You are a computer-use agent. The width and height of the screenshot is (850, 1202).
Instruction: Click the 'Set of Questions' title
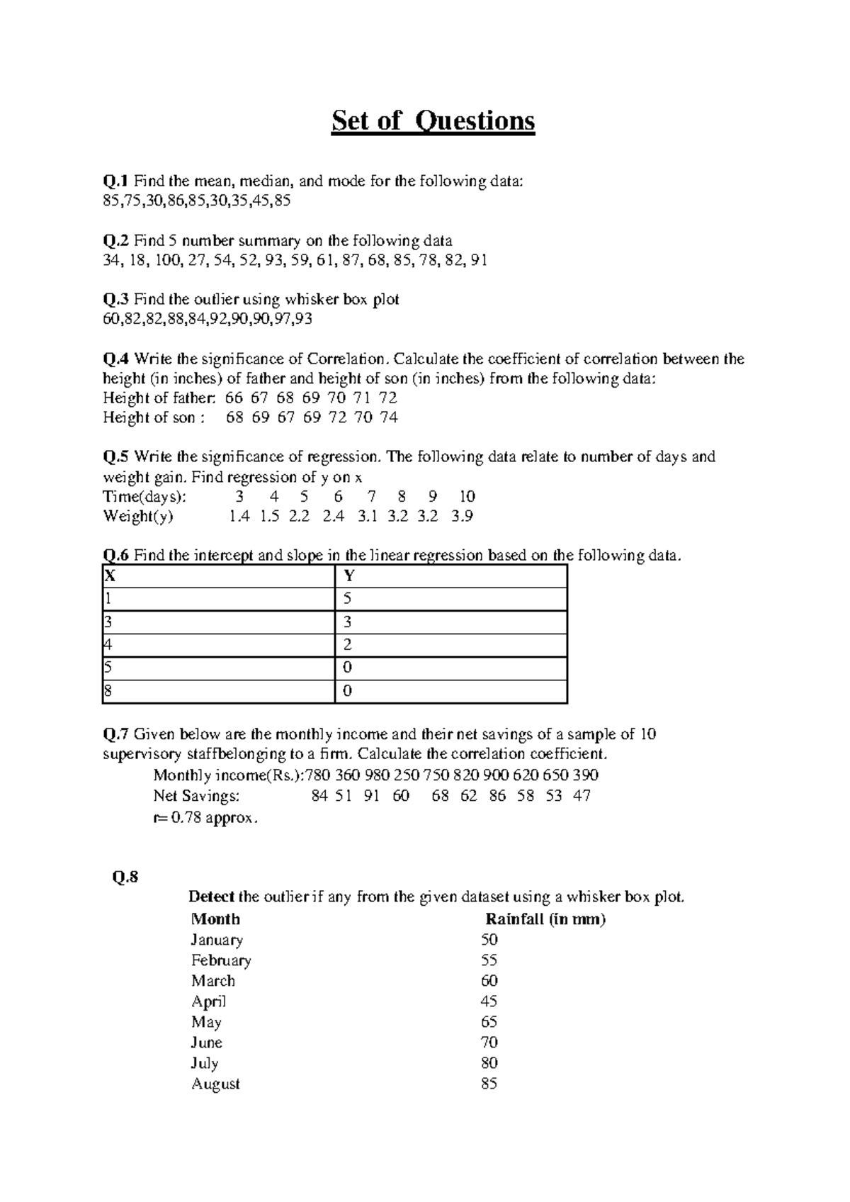(x=433, y=121)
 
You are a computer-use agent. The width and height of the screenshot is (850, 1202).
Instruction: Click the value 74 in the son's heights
(x=389, y=417)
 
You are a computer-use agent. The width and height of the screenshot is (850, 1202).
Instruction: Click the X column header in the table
(x=110, y=576)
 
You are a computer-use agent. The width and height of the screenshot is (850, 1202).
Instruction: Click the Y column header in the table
(x=348, y=576)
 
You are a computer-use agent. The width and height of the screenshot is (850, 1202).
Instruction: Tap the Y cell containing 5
(x=347, y=599)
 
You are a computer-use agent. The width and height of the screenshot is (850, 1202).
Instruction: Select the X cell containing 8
(x=108, y=691)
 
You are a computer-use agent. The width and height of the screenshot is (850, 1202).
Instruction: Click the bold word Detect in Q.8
(x=211, y=897)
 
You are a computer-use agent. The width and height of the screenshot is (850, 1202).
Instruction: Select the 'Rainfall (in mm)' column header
(x=545, y=919)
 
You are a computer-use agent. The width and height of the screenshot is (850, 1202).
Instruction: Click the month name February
(x=221, y=960)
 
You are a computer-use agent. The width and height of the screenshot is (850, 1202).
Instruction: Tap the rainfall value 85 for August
(x=489, y=1084)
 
